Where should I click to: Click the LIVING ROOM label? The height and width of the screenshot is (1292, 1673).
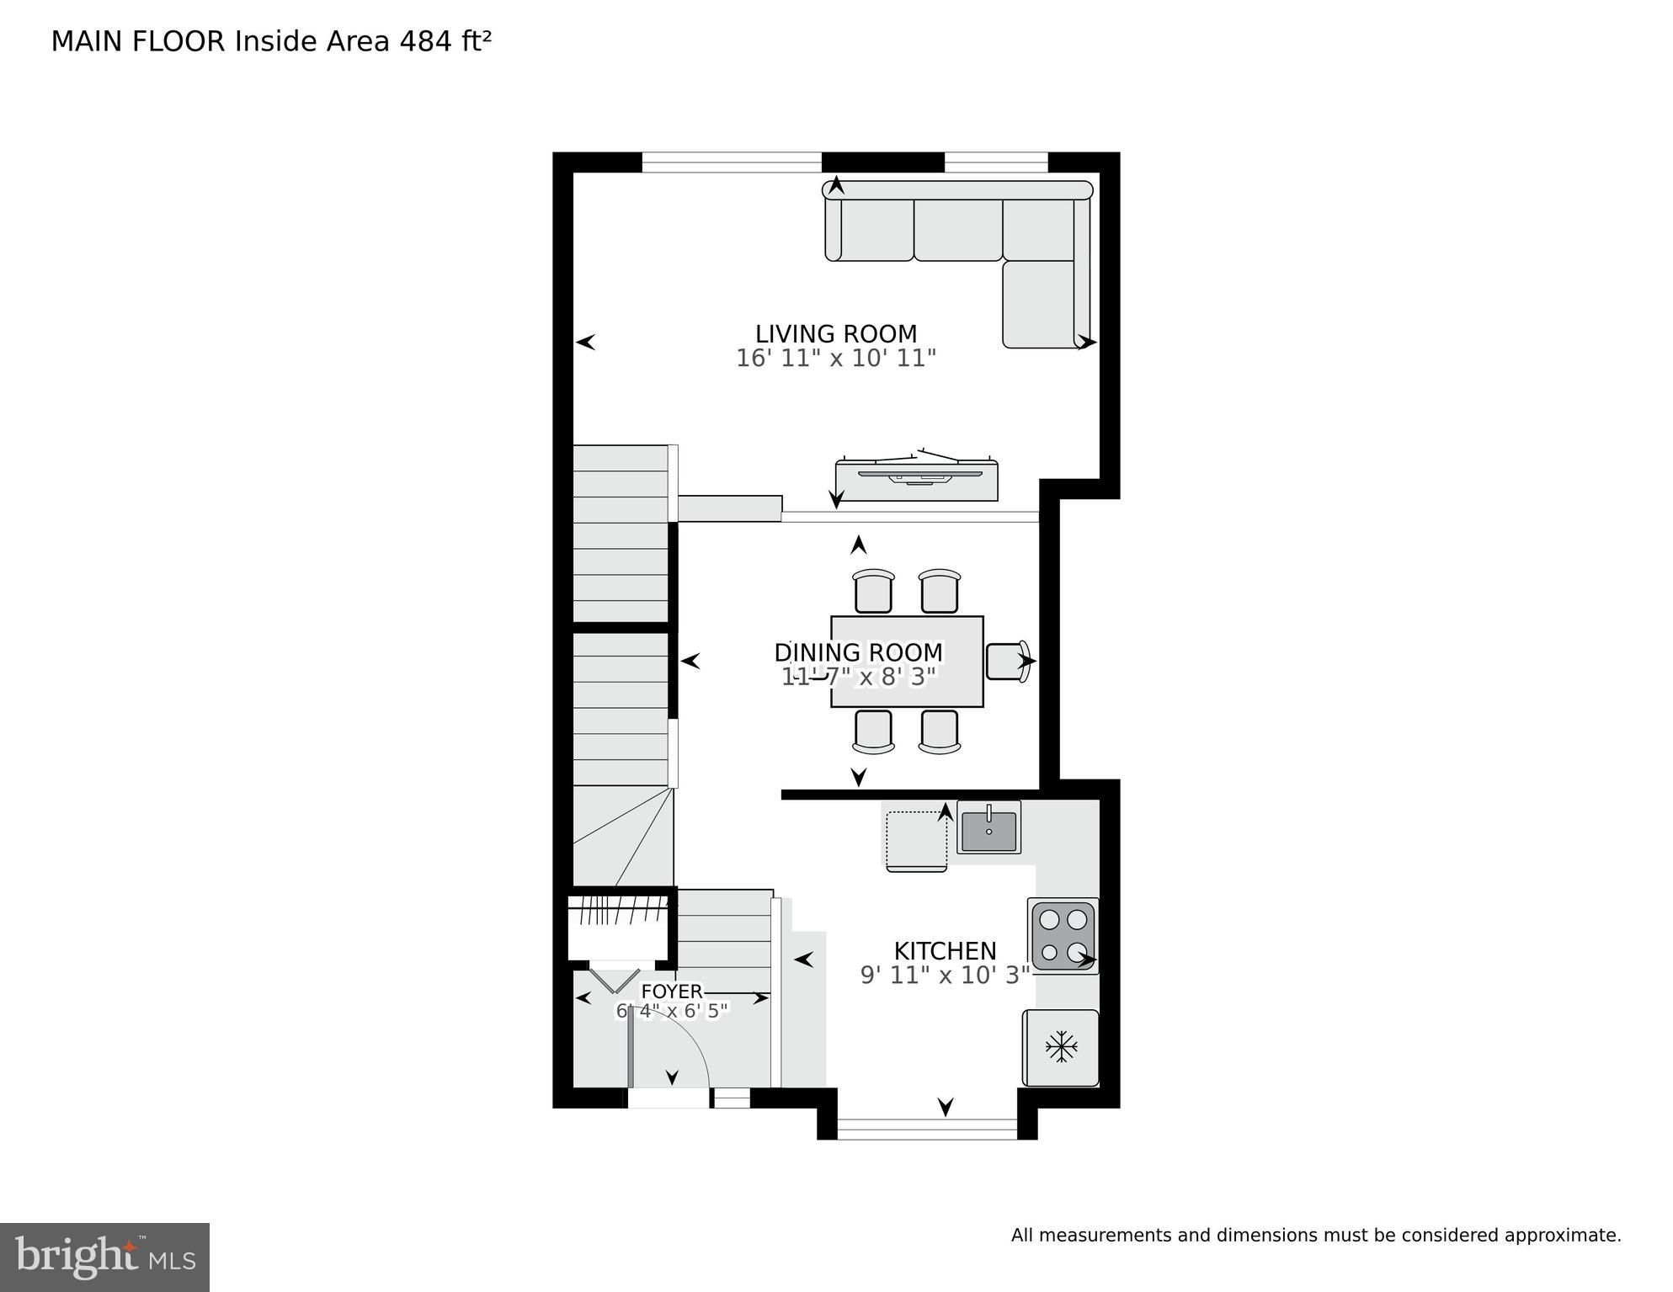[835, 334]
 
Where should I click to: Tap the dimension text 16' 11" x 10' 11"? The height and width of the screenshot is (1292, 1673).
[835, 359]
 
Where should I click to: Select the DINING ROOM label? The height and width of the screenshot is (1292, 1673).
[858, 652]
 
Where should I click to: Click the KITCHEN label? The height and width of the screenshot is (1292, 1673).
[945, 951]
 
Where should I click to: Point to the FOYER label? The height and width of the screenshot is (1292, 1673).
[671, 992]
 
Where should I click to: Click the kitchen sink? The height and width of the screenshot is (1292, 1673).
[988, 827]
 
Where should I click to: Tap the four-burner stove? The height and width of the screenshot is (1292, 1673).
[1063, 936]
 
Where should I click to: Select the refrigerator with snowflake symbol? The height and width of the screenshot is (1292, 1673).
[1061, 1048]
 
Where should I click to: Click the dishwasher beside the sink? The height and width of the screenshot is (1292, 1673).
[916, 838]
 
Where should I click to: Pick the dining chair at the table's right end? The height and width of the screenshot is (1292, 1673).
[1007, 661]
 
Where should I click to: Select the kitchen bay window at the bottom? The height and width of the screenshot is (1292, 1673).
[927, 1129]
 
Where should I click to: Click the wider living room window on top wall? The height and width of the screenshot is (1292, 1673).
[731, 162]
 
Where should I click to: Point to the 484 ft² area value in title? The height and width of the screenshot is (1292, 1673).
[445, 41]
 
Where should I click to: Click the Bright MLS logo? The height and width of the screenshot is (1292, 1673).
[104, 1257]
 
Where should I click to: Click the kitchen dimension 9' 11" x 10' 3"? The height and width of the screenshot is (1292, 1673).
[945, 976]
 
